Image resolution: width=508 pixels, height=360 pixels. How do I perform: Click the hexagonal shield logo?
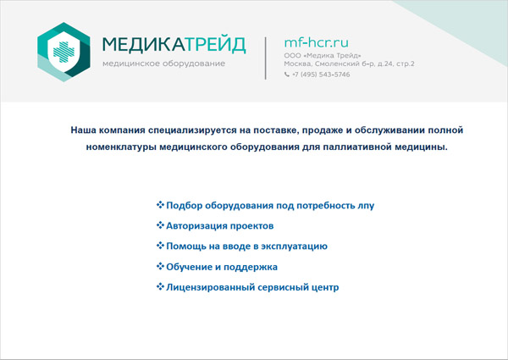pyautogui.click(x=63, y=52)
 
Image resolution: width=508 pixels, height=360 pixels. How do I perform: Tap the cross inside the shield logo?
pyautogui.click(x=63, y=52)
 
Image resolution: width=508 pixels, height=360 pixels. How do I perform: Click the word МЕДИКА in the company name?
pyautogui.click(x=144, y=44)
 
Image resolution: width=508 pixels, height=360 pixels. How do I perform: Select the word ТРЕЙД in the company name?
pyautogui.click(x=215, y=44)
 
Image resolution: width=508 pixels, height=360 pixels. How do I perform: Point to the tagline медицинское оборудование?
pyautogui.click(x=163, y=64)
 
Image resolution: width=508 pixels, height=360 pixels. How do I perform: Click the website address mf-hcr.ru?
pyautogui.click(x=316, y=42)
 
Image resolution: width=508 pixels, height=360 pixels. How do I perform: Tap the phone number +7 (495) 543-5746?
pyautogui.click(x=321, y=75)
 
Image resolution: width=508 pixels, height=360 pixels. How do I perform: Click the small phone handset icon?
pyautogui.click(x=287, y=75)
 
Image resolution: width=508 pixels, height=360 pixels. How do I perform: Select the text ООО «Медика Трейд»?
pyautogui.click(x=323, y=55)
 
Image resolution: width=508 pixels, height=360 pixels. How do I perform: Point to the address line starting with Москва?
pyautogui.click(x=349, y=64)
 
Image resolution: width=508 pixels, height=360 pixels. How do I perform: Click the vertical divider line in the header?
pyautogui.click(x=266, y=58)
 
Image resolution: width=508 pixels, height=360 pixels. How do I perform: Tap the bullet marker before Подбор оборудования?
pyautogui.click(x=160, y=204)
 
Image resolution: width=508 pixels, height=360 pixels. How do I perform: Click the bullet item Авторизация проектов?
pyautogui.click(x=219, y=226)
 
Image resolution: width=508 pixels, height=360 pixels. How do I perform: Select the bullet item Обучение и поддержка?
pyautogui.click(x=222, y=267)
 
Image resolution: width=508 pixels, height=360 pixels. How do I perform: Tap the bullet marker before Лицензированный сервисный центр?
pyautogui.click(x=160, y=286)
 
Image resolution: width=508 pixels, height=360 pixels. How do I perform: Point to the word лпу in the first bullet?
pyautogui.click(x=366, y=206)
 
